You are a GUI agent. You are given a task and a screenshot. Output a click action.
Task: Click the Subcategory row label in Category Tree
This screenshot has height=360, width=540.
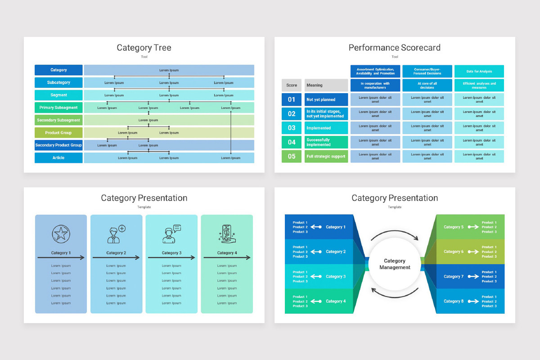pos(58,83)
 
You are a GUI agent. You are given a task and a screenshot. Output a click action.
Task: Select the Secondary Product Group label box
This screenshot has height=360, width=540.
pos(58,145)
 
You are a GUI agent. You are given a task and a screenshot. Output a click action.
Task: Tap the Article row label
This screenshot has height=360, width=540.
pos(58,158)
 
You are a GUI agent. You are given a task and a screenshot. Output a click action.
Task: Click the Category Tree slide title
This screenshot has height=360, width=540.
pos(144,48)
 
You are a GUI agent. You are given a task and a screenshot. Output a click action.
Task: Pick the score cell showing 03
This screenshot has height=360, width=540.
pos(292,128)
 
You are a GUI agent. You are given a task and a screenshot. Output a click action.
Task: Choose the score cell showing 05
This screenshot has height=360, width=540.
pos(292,157)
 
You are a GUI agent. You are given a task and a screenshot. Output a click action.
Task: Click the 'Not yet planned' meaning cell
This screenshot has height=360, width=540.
pos(326,99)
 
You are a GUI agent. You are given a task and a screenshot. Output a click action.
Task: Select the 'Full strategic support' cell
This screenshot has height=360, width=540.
pos(326,157)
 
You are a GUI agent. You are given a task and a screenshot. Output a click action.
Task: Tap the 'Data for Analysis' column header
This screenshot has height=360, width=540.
pos(479,71)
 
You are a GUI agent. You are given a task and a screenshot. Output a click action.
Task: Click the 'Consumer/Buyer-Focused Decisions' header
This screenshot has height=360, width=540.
pos(427,71)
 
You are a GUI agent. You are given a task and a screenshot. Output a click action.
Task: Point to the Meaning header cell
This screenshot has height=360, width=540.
pos(326,85)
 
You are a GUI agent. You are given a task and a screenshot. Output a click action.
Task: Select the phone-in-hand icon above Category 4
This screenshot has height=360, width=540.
pos(226,234)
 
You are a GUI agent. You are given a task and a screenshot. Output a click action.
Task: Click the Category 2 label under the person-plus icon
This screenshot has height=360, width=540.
pos(116,253)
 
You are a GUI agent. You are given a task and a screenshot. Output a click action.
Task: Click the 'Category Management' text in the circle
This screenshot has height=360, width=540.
pos(395,264)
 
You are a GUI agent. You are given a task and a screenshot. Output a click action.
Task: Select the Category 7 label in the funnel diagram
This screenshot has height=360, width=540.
pos(453,276)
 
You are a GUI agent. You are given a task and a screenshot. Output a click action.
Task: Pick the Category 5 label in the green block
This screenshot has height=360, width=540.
pos(453,227)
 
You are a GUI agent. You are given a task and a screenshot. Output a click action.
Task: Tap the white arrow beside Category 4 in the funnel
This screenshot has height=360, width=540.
pos(316,301)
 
